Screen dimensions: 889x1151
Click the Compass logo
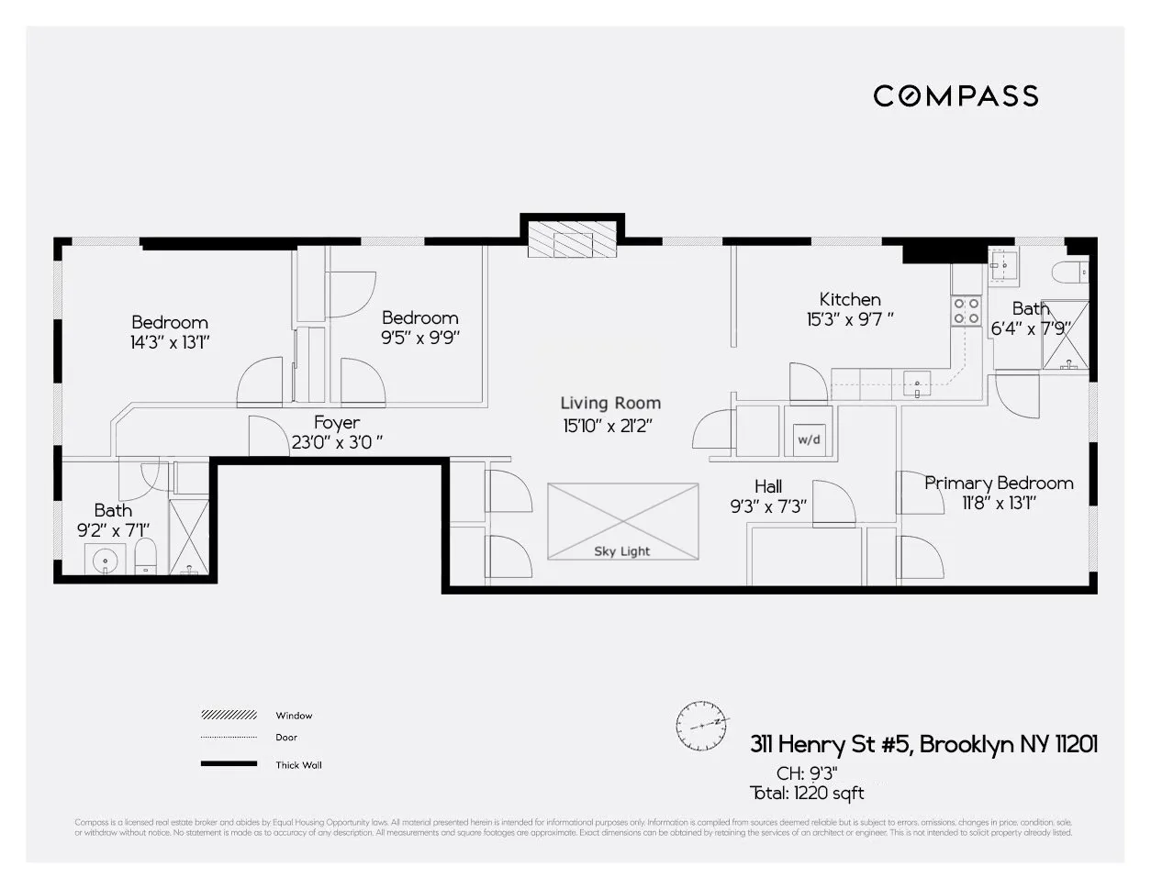point(955,95)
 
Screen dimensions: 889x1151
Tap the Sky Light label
point(621,551)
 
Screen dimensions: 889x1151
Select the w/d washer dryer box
point(809,439)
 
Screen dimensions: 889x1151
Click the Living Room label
point(610,403)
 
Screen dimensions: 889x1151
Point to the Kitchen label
point(850,299)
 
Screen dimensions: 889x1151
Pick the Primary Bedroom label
point(999,483)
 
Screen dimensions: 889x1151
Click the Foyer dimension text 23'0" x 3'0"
point(336,441)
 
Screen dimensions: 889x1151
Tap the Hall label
point(768,486)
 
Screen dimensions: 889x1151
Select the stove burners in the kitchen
point(967,310)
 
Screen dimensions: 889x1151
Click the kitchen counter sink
point(917,383)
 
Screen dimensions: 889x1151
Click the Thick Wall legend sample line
point(229,764)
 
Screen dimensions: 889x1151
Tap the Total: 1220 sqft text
point(807,793)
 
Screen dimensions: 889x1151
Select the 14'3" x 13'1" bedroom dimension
point(170,342)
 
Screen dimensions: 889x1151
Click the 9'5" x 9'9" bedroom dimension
point(420,337)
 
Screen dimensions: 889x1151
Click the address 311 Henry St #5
point(831,744)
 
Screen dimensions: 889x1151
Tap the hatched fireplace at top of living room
point(573,241)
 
